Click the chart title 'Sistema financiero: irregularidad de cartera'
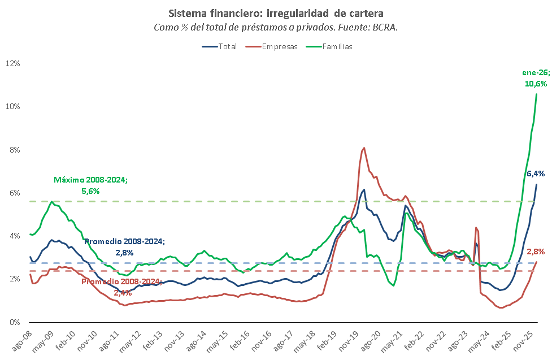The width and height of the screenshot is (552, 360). [x=276, y=12]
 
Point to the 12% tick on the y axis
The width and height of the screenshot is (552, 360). [x=12, y=63]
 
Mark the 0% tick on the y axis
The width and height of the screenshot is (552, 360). [x=14, y=322]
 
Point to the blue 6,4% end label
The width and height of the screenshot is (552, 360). [x=536, y=174]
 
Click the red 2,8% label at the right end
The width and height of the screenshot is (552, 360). [x=536, y=251]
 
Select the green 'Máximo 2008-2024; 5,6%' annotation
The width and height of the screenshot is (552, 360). [x=90, y=185]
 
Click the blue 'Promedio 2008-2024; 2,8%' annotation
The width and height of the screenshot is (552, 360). [x=124, y=246]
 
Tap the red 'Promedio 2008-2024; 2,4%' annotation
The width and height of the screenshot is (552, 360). [x=121, y=287]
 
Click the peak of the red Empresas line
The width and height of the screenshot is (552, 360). [x=363, y=148]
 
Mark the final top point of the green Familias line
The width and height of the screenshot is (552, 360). [x=536, y=94]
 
